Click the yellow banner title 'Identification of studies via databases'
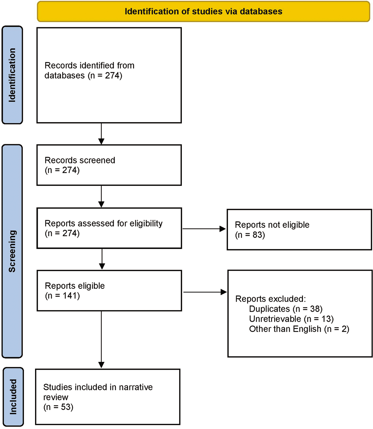pyautogui.click(x=203, y=11)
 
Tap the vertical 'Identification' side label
pyautogui.click(x=12, y=75)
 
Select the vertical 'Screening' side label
pyautogui.click(x=12, y=251)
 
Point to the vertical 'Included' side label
pyautogui.click(x=13, y=397)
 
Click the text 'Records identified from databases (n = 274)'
pyautogui.click(x=90, y=70)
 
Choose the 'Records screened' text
pyautogui.click(x=80, y=160)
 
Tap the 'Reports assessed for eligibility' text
pyautogui.click(x=104, y=223)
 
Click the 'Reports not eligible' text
pyautogui.click(x=272, y=225)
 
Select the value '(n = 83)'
pyautogui.click(x=250, y=235)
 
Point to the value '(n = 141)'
pyautogui.click(x=62, y=296)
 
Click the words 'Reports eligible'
pyautogui.click(x=75, y=286)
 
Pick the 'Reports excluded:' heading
pyautogui.click(x=271, y=299)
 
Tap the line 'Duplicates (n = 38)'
pyautogui.click(x=286, y=309)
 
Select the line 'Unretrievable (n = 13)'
pyautogui.click(x=291, y=319)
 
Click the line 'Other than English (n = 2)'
pyautogui.click(x=299, y=329)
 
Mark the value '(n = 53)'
pyautogui.click(x=58, y=407)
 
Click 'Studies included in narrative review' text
pyautogui.click(x=98, y=392)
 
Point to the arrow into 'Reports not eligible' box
pyautogui.click(x=204, y=229)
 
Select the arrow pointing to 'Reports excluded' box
pyautogui.click(x=205, y=292)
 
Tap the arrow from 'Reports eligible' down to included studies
pyautogui.click(x=101, y=339)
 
